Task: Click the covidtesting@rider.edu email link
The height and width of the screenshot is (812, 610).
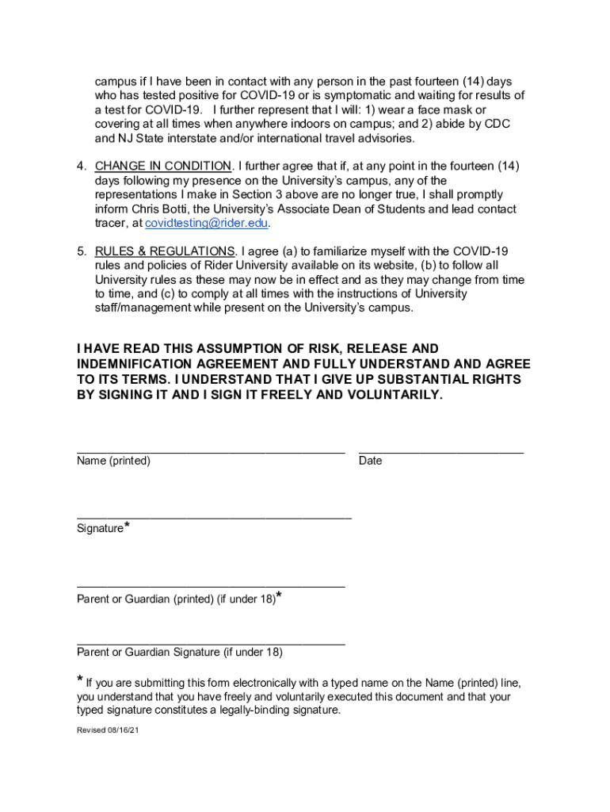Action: (206, 224)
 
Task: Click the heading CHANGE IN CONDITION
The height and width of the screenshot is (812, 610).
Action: (163, 166)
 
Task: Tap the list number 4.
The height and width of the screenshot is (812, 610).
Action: (81, 166)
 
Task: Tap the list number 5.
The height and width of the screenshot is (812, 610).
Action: (81, 251)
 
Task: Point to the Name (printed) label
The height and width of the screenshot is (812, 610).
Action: (113, 461)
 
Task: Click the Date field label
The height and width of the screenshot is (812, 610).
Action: (370, 461)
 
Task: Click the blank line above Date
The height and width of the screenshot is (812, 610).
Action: (440, 452)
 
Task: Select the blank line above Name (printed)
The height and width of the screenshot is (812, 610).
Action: (211, 452)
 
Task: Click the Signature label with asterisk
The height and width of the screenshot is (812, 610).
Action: (103, 527)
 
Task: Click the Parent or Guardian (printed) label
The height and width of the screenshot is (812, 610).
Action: (176, 599)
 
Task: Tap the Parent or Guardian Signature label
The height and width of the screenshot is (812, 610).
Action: (179, 653)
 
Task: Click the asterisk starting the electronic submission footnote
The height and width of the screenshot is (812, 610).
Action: (80, 680)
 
